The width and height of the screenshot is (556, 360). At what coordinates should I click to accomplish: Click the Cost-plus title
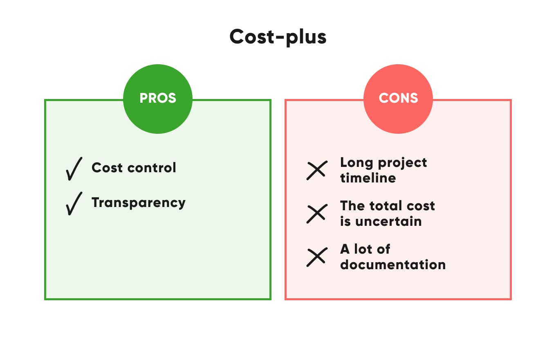pos(278,37)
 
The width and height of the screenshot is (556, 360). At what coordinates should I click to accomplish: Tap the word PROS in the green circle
pos(158,98)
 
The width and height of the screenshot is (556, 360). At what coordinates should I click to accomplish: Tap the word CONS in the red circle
pos(398,98)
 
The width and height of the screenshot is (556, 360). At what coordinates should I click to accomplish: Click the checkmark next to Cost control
pos(74,169)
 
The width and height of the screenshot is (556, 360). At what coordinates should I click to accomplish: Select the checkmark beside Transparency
pos(74,203)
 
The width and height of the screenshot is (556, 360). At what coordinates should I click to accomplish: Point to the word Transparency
pos(138,203)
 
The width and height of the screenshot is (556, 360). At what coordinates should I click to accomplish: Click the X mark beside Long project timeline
pos(316,170)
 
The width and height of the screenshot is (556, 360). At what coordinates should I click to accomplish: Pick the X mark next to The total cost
pos(316,214)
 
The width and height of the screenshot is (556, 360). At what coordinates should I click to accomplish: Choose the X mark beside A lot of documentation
pos(316,257)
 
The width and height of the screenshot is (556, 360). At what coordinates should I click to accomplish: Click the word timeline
pos(368,178)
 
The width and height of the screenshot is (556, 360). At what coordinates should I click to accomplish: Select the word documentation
pos(392,265)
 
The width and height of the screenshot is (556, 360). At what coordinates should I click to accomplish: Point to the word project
pos(402,163)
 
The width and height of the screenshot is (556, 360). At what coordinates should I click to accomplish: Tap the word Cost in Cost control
pos(107,167)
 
